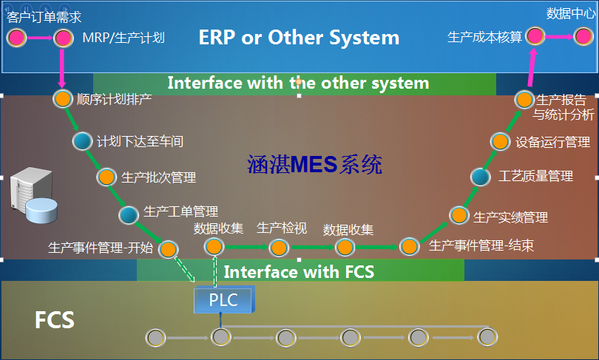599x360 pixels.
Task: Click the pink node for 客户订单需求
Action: coord(17,37)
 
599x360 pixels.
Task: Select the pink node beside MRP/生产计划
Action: coord(64,37)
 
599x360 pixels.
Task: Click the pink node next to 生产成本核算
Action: coord(535,35)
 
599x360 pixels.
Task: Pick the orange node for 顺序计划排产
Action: coord(63,98)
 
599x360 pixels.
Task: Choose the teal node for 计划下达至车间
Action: coord(82,141)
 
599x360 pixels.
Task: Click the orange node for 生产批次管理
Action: coord(106,177)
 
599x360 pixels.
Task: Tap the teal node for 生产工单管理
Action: coord(129,214)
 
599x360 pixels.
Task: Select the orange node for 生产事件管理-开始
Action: coord(169,248)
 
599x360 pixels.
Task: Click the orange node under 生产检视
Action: coord(278,247)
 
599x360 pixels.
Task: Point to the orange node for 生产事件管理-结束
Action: coord(408,246)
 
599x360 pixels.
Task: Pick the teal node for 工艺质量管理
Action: coord(481,177)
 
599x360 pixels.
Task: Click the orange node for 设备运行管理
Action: coord(501,141)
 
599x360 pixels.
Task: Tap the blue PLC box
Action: coord(223,299)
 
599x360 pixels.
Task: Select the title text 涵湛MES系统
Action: coord(314,165)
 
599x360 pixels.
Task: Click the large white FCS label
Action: coord(54,320)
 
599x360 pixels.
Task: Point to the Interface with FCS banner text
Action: coord(299,271)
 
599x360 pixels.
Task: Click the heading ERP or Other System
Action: coord(299,37)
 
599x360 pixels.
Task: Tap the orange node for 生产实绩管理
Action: coord(459,215)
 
